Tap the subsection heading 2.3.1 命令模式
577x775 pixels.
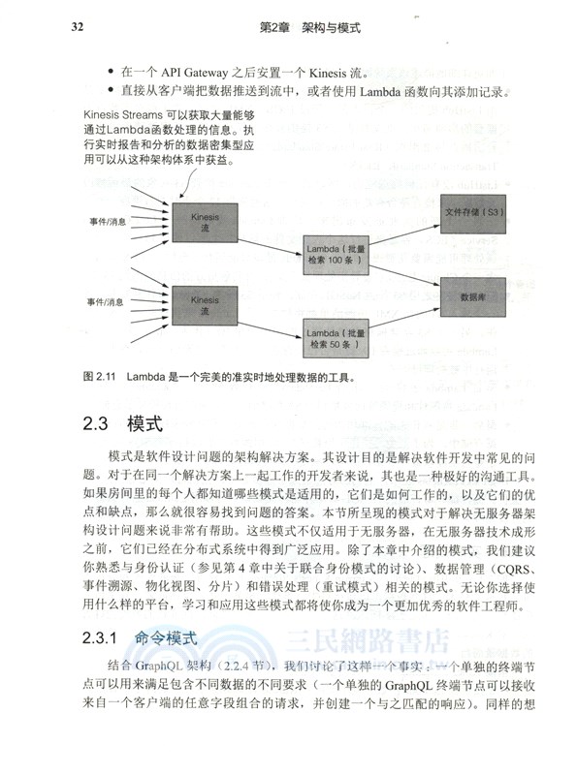point(140,639)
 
